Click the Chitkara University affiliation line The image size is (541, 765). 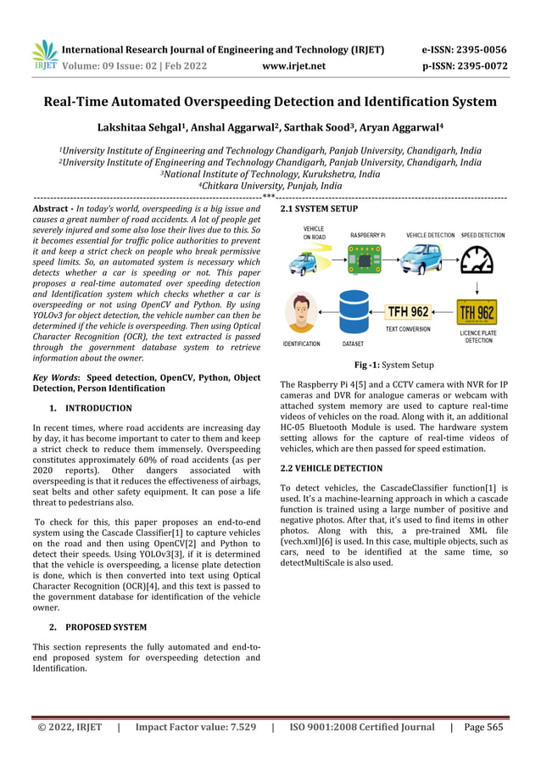pyautogui.click(x=270, y=185)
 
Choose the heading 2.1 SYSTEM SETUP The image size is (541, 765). pyautogui.click(x=318, y=208)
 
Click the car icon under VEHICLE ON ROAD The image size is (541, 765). pyautogui.click(x=303, y=262)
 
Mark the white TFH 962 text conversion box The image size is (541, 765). pyautogui.click(x=408, y=311)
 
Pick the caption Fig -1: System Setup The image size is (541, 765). pyautogui.click(x=393, y=365)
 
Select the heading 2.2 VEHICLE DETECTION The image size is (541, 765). pyautogui.click(x=331, y=467)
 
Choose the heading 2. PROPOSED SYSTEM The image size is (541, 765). pyautogui.click(x=98, y=627)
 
